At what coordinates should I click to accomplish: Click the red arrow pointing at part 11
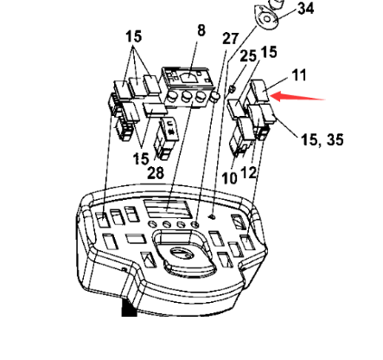300,96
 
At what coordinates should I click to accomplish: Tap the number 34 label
305,9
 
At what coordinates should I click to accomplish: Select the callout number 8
201,30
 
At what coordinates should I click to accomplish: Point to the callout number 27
230,39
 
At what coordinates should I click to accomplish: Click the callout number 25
249,56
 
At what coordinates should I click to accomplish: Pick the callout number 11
298,76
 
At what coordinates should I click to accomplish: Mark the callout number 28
155,172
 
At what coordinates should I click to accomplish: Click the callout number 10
228,177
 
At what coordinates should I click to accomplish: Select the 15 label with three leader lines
134,37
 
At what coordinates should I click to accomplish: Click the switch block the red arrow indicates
258,96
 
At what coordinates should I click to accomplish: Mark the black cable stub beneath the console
129,309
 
